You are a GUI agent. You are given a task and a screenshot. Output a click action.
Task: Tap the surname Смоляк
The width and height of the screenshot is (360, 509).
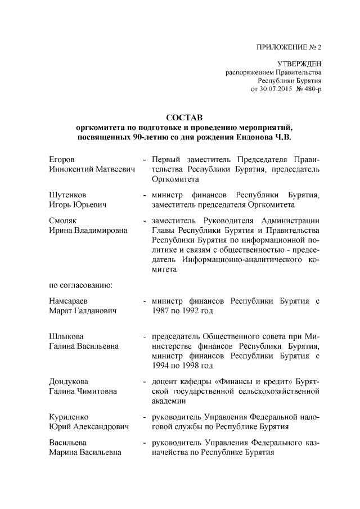(64, 220)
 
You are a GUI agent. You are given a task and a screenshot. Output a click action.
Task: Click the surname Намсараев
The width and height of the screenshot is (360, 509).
(70, 301)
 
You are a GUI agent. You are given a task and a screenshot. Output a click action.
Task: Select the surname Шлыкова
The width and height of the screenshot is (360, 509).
(67, 336)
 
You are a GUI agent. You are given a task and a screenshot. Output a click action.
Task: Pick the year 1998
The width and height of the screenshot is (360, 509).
(197, 366)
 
